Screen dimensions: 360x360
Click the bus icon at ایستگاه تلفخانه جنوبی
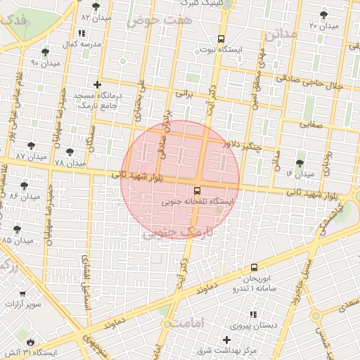click(197, 190)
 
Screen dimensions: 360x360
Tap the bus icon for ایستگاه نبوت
click(221, 39)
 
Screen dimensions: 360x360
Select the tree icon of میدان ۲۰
click(323, 15)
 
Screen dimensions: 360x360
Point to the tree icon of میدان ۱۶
click(300, 162)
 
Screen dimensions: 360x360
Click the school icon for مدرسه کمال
click(82, 33)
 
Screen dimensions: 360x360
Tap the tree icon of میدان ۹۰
click(45, 52)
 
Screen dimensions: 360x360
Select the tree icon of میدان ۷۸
click(69, 152)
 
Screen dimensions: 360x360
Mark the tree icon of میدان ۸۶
click(25, 186)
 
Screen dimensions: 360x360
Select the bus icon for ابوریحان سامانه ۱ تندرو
click(254, 267)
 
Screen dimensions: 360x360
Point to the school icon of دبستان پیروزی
click(252, 314)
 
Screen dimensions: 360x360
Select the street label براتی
click(184, 92)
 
